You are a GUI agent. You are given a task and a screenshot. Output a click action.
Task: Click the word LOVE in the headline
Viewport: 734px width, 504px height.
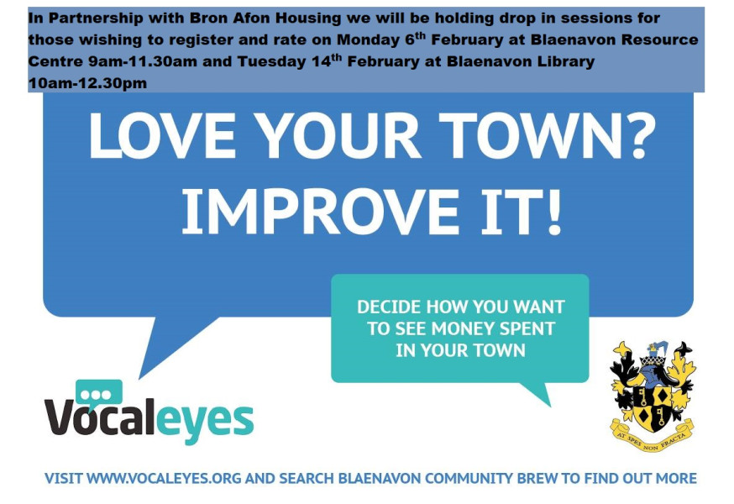[x=162, y=136]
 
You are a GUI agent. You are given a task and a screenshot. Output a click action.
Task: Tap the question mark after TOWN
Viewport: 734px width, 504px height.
[x=639, y=136]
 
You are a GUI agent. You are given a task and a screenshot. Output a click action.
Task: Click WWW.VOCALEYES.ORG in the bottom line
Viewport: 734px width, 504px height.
[x=164, y=479]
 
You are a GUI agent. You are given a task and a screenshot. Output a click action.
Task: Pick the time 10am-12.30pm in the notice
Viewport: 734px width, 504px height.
[x=87, y=83]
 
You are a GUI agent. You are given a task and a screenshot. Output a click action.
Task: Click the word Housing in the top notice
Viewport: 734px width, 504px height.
[x=308, y=18]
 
